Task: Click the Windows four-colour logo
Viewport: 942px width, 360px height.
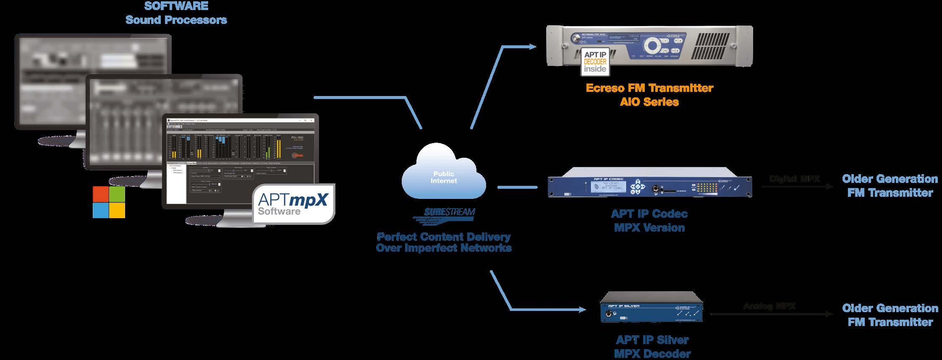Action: pyautogui.click(x=109, y=202)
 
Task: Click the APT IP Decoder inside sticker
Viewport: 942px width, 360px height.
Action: pyautogui.click(x=595, y=62)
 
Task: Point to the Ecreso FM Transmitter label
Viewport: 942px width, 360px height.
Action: pyautogui.click(x=649, y=88)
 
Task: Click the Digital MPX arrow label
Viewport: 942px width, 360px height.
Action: pyautogui.click(x=794, y=179)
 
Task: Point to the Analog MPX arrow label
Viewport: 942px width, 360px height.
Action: pyautogui.click(x=769, y=306)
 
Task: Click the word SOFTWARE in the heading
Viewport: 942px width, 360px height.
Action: pyautogui.click(x=176, y=6)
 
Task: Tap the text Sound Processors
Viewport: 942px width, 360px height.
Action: pyautogui.click(x=176, y=20)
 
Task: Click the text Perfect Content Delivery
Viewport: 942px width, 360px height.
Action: pyautogui.click(x=443, y=237)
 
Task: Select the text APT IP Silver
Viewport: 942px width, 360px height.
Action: pyautogui.click(x=652, y=339)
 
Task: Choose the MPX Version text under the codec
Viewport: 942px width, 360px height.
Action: pyautogui.click(x=649, y=228)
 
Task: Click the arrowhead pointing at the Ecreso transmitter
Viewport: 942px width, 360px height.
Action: pyautogui.click(x=533, y=47)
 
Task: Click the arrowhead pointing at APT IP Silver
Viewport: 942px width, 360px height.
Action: pyautogui.click(x=583, y=310)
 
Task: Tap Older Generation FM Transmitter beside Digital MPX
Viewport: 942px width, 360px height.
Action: pyautogui.click(x=890, y=186)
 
